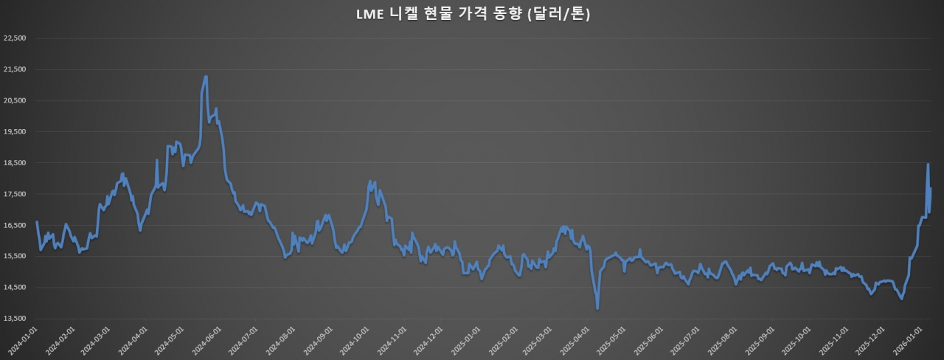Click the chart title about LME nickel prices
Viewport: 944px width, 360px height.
(x=472, y=15)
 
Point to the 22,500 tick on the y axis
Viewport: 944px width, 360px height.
(x=15, y=38)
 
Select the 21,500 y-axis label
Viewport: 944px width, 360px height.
(x=15, y=69)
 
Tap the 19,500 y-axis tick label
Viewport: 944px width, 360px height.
(x=15, y=132)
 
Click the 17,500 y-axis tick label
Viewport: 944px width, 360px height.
(x=15, y=194)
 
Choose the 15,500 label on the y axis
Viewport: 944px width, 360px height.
(x=15, y=257)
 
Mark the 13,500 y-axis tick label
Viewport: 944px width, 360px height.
(x=15, y=319)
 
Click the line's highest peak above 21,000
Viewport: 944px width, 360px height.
(x=206, y=77)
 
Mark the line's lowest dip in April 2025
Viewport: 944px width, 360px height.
(x=597, y=308)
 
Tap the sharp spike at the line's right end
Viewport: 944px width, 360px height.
(x=928, y=165)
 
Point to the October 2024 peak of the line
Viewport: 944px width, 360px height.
(x=371, y=181)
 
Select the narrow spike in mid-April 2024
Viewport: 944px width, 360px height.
(x=157, y=160)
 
